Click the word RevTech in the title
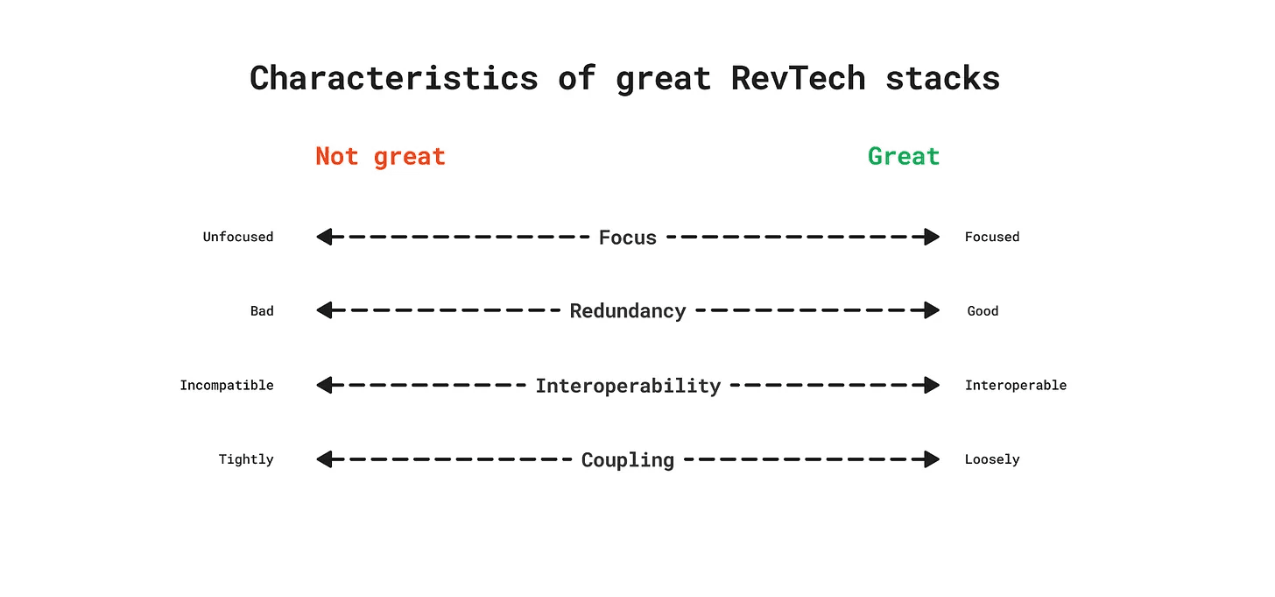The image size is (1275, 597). pos(798,78)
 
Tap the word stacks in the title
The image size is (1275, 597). pos(942,78)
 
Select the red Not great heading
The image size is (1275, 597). pos(380,157)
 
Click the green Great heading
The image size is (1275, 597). pos(904,156)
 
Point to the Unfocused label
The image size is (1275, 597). pos(238,237)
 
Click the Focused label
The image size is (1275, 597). pos(992,237)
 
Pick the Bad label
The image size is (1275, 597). pos(262,311)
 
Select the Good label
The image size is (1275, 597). pos(983,311)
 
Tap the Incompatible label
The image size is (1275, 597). pos(227,386)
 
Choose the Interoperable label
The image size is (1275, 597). pos(1016,386)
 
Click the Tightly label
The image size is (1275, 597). pos(246,459)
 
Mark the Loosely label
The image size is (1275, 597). pos(992,459)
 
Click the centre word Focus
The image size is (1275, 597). pos(628,238)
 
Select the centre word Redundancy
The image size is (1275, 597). pos(628,311)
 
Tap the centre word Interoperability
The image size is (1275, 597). pos(628,386)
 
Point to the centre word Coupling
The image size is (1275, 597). pos(628,460)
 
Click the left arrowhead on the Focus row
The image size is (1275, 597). pos(324,237)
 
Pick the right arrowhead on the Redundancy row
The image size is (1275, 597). pos(932,310)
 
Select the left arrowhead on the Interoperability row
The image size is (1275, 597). pos(324,385)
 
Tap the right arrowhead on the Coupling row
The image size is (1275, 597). pos(932,459)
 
